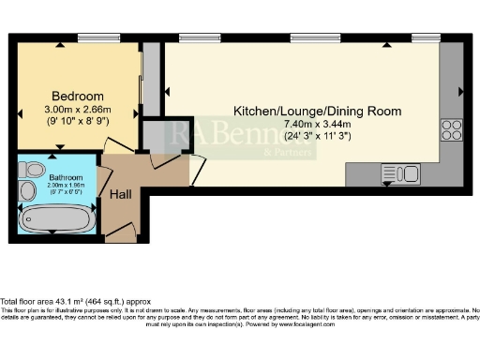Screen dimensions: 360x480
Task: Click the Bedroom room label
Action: pos(77,97)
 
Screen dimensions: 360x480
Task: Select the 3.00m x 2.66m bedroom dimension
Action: pos(77,109)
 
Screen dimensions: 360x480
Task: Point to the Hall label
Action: pos(120,195)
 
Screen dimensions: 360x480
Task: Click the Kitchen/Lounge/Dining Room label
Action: pos(317,111)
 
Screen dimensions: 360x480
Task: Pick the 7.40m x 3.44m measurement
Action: pos(317,123)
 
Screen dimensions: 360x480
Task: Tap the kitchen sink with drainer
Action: pos(400,173)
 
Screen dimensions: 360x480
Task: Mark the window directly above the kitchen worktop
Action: pos(425,40)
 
